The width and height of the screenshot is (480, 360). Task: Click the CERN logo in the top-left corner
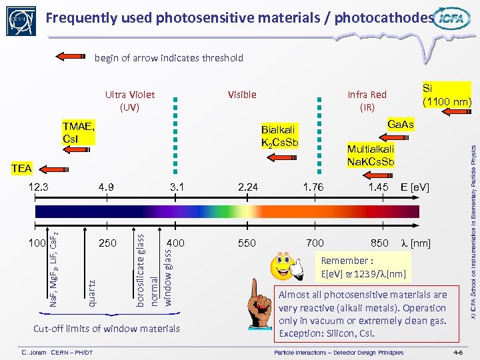click(x=19, y=20)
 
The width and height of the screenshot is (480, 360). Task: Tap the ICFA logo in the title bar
click(x=452, y=20)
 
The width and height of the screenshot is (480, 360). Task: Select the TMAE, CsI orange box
click(x=79, y=133)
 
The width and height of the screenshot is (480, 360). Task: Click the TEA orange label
click(x=21, y=168)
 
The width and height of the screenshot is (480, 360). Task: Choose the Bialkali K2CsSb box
click(x=280, y=136)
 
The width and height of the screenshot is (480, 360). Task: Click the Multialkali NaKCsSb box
click(x=371, y=155)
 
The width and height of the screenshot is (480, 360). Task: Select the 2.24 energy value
click(x=247, y=187)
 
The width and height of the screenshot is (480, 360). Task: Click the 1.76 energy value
click(x=313, y=187)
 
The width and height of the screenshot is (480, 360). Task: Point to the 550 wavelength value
click(x=247, y=243)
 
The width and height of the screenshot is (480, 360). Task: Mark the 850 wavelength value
click(x=379, y=243)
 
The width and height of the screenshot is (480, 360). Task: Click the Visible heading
click(x=241, y=95)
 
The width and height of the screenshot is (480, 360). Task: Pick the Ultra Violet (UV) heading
click(x=129, y=100)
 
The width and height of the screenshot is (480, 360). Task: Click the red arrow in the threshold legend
click(x=74, y=58)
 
